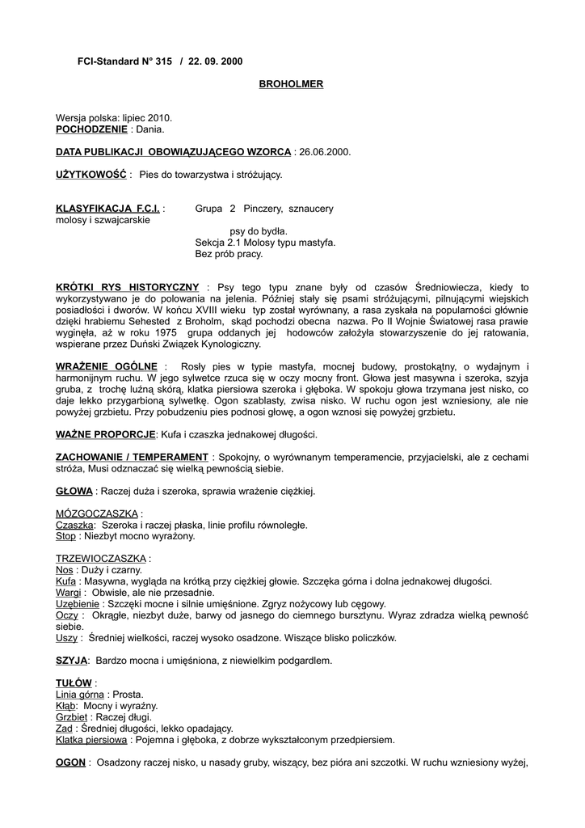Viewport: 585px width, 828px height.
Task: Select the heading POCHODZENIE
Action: click(91, 129)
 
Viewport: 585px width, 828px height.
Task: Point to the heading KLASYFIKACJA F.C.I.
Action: click(108, 209)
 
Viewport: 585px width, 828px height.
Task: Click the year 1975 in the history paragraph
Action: click(164, 332)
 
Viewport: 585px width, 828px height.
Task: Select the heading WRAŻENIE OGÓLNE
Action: click(106, 366)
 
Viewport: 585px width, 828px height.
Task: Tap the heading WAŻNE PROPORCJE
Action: click(105, 434)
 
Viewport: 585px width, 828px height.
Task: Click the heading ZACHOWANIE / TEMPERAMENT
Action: click(132, 457)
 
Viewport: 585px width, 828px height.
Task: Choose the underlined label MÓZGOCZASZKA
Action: click(96, 513)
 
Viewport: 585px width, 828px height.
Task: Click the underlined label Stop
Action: click(65, 536)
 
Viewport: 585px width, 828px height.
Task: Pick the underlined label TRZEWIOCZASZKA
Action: click(100, 559)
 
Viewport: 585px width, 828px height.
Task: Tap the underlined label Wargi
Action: click(69, 593)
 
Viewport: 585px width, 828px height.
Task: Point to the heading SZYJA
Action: click(71, 661)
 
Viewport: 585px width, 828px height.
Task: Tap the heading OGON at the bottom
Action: click(71, 762)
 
